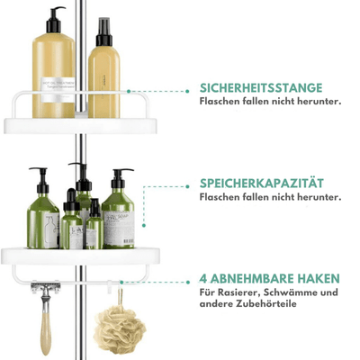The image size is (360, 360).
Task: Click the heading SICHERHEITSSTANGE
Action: click(x=261, y=88)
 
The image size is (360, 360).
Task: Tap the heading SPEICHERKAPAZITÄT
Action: click(x=262, y=184)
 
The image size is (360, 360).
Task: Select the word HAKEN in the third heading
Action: click(x=319, y=279)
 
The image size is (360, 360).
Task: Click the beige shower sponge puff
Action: click(x=120, y=329)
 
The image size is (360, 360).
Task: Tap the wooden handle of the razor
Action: click(x=46, y=332)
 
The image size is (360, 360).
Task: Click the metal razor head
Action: click(x=45, y=287)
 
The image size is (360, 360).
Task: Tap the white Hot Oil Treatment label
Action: click(x=58, y=90)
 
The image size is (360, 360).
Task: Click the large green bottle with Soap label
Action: click(x=118, y=209)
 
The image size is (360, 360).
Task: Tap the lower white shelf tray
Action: click(x=80, y=256)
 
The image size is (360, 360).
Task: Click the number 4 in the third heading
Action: click(x=203, y=279)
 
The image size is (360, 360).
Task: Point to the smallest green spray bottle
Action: click(x=94, y=224)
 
